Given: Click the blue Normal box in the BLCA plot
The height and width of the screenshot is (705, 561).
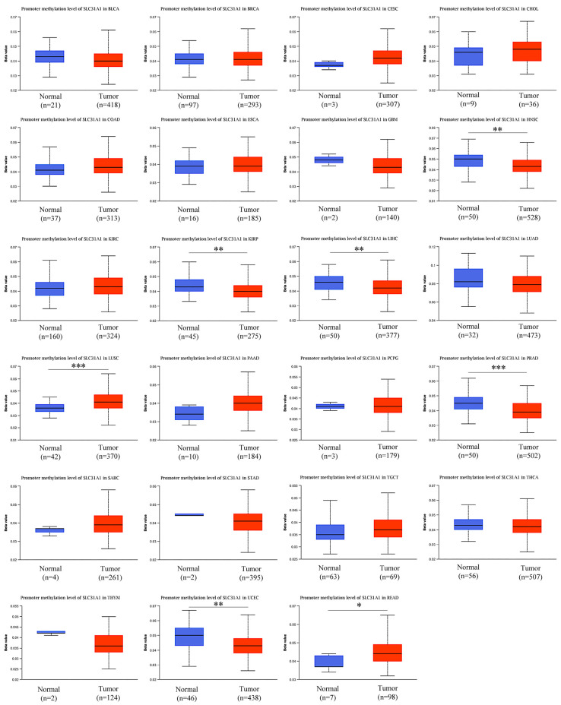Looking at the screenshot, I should pos(49,57).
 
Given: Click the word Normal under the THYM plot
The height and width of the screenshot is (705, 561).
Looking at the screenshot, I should pos(49,685).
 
